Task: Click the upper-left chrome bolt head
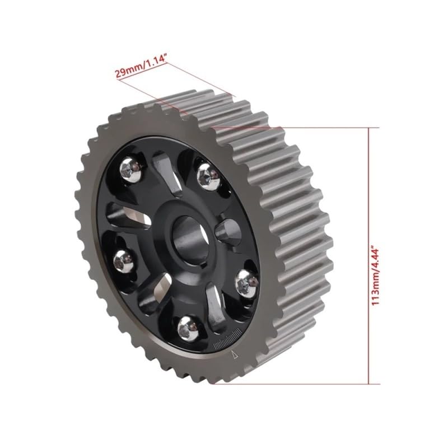(x=131, y=170)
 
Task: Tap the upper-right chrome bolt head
(x=208, y=177)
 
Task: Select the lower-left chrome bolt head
(x=124, y=262)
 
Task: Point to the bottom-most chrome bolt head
(x=189, y=329)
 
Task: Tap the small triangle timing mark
(x=235, y=355)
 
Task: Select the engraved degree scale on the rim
(x=227, y=340)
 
